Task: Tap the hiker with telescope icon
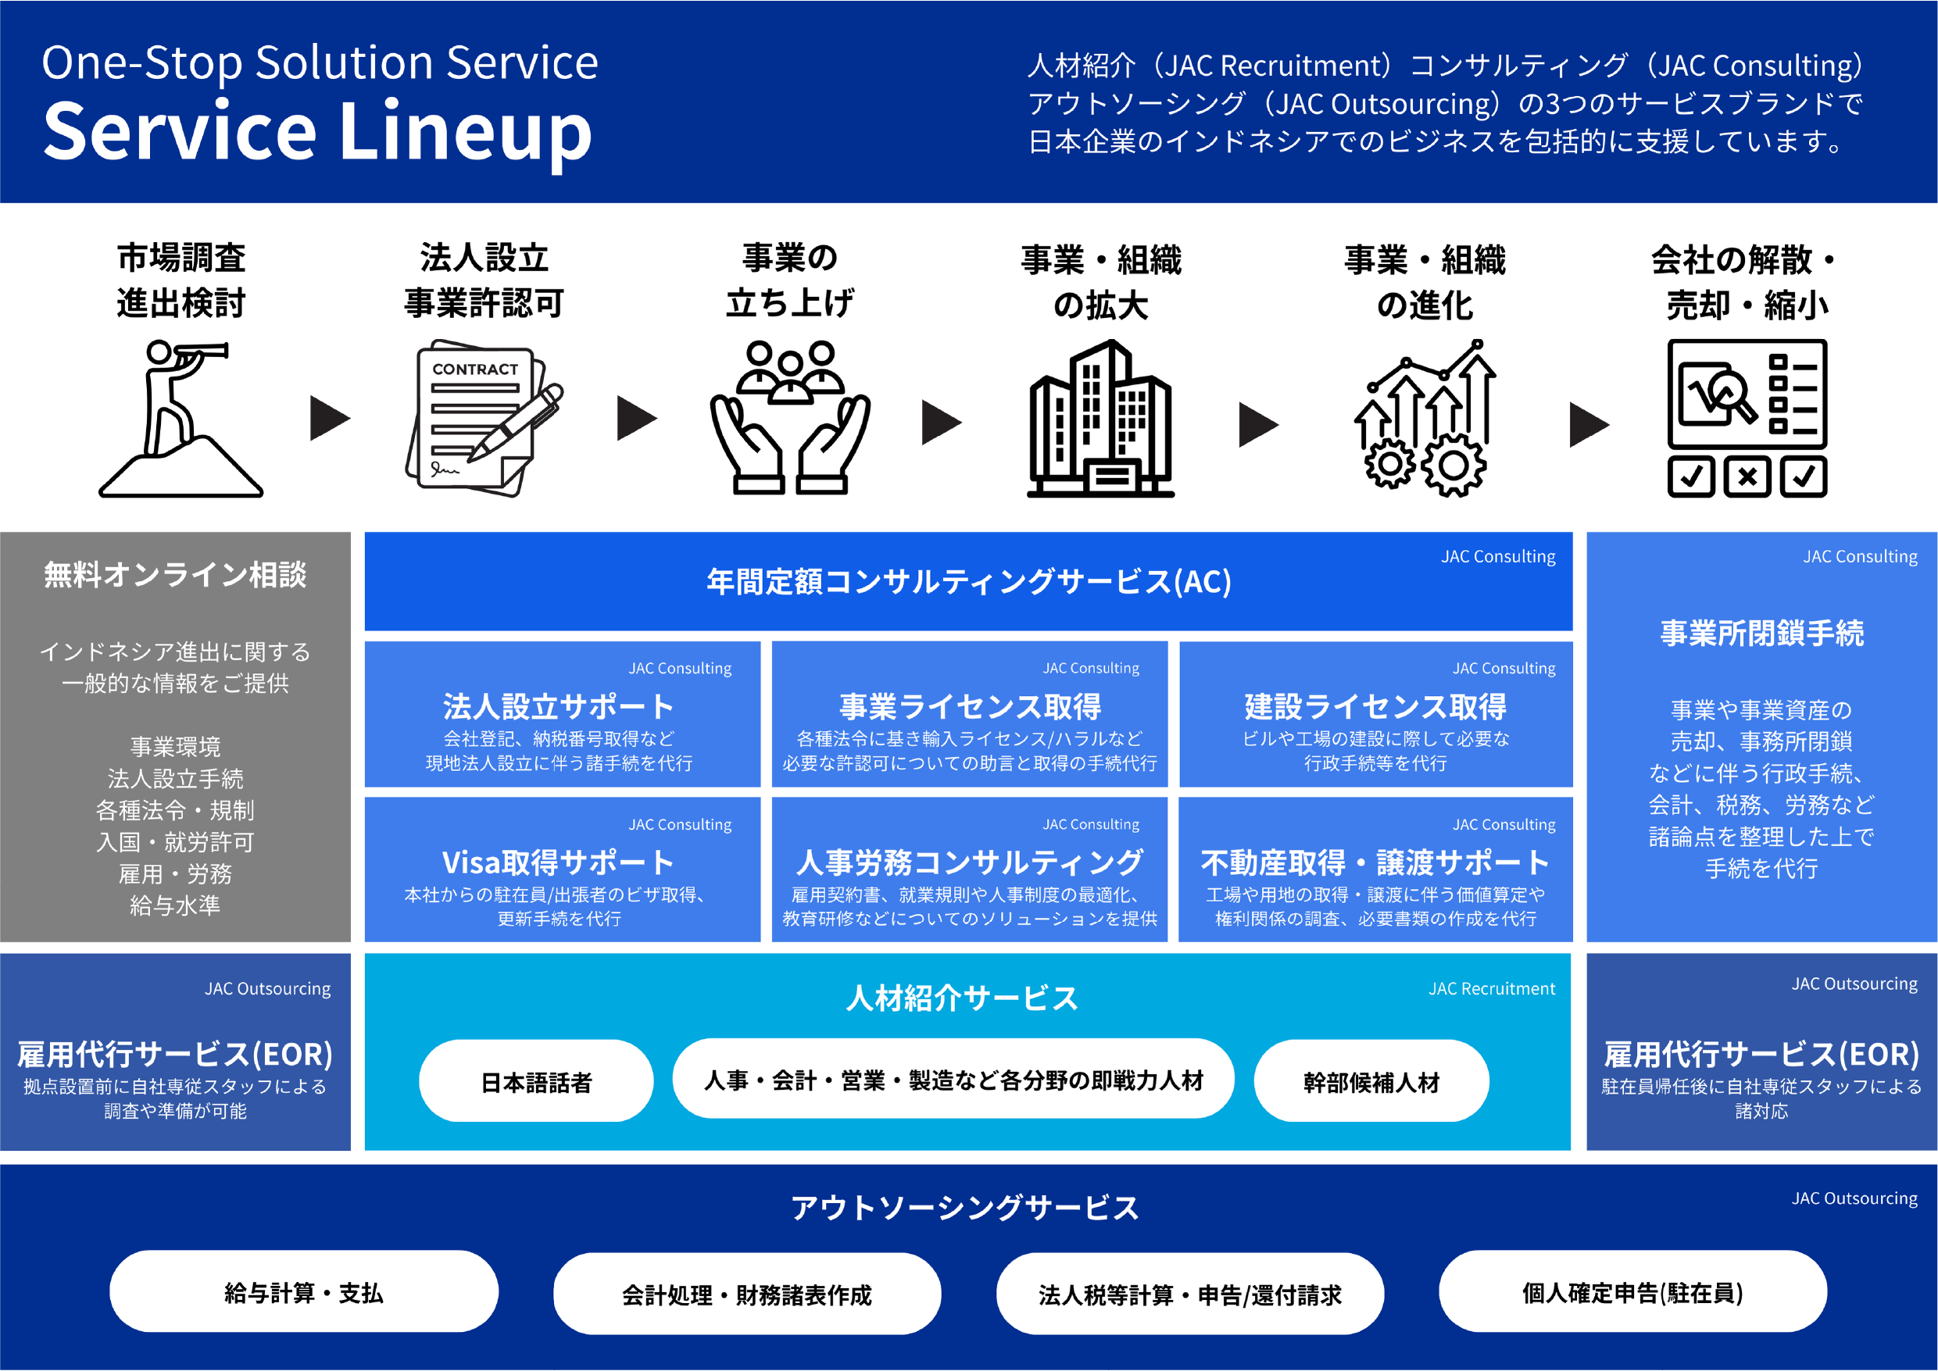[x=181, y=418]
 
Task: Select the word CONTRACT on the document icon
[x=474, y=369]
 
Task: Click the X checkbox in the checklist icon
[x=1747, y=477]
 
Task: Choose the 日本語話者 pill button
[x=535, y=1081]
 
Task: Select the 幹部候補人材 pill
[x=1371, y=1081]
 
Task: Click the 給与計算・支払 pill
[x=303, y=1291]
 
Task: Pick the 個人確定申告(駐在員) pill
[x=1632, y=1291]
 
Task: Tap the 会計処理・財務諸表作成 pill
[x=746, y=1294]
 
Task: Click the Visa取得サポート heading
[x=558, y=862]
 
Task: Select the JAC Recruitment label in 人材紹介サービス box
[x=1491, y=988]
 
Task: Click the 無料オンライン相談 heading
[x=175, y=575]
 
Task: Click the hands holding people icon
[x=789, y=418]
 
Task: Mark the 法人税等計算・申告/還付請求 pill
[x=1189, y=1294]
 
